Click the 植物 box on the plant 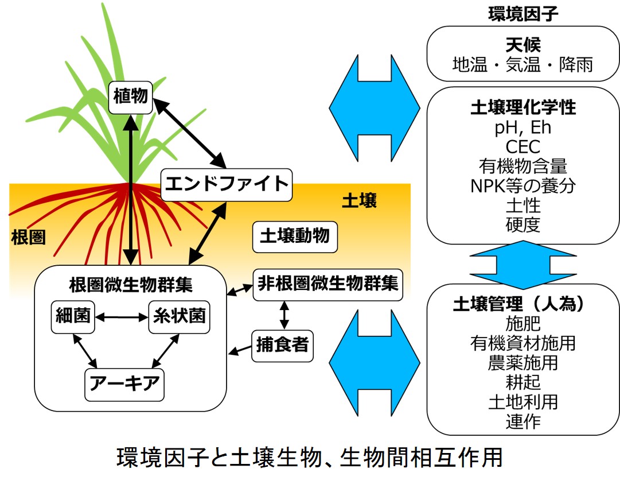131,98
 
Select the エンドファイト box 227,185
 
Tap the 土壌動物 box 295,237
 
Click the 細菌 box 73,317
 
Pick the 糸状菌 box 179,317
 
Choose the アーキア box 124,384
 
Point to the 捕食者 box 282,346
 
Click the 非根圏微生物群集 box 328,285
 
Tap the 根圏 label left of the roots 29,238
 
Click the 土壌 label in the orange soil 359,200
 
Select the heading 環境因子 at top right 523,14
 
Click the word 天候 523,45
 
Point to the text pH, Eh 522,127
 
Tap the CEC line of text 522,147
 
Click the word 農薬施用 522,362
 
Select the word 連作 522,421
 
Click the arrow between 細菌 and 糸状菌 122,317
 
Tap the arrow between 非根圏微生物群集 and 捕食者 284,315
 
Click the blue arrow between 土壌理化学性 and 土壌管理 522,265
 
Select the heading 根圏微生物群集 131,285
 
